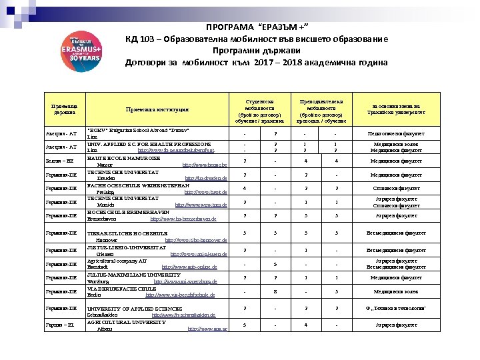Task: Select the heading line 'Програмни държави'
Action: click(x=256, y=51)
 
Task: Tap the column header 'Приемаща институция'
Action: click(x=157, y=109)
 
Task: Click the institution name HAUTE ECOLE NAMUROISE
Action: click(x=123, y=157)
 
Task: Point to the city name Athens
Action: click(x=105, y=329)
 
